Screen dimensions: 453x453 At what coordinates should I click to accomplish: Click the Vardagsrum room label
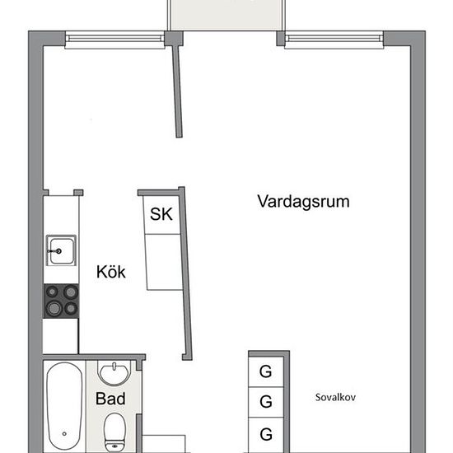(x=303, y=202)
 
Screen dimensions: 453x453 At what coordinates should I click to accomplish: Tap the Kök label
(x=111, y=272)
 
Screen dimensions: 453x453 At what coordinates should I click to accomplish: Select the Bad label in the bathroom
(x=110, y=399)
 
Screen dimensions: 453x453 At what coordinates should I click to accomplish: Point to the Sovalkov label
(x=335, y=397)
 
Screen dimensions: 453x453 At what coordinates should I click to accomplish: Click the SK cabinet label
(x=161, y=214)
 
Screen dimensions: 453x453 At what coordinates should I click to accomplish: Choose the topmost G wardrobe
(x=266, y=371)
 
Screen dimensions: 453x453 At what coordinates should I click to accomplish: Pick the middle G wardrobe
(x=266, y=402)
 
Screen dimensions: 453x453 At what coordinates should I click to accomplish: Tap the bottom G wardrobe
(x=266, y=435)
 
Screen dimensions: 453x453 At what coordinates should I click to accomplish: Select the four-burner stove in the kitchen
(x=61, y=301)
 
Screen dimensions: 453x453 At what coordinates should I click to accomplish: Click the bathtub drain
(x=64, y=433)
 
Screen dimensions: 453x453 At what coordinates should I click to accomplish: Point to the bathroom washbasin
(x=114, y=372)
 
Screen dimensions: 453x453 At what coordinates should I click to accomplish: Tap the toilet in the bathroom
(x=114, y=432)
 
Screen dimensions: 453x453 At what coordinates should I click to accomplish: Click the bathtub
(x=64, y=406)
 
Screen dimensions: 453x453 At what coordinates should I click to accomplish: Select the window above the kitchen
(x=114, y=40)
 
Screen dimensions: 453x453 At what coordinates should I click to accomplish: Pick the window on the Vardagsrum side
(x=334, y=40)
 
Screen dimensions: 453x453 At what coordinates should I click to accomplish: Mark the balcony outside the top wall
(x=226, y=15)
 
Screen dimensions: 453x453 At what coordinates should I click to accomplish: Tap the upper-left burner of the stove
(x=52, y=292)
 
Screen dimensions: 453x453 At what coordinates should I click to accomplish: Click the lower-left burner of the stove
(x=54, y=309)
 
